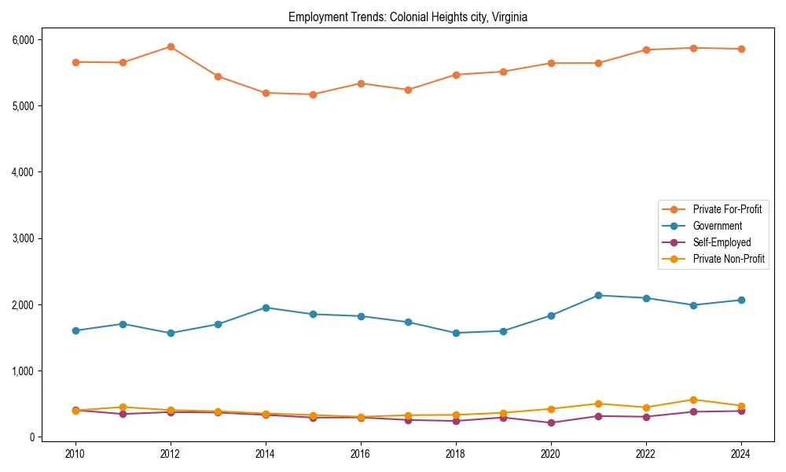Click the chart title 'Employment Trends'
coord(407,17)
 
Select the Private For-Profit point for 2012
coord(171,47)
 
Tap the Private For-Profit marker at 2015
coord(313,94)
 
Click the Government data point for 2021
coord(598,296)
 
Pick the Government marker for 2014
coord(266,308)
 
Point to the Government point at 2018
coord(456,333)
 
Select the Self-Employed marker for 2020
coord(551,422)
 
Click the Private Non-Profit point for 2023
coord(693,400)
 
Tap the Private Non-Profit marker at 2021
coord(598,404)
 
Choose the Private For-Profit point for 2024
coord(741,49)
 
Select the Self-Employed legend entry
coord(722,242)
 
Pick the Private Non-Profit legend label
coord(729,259)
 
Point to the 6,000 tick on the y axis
coord(21,39)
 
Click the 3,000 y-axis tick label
coord(21,238)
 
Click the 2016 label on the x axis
coord(361,454)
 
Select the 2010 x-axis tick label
coord(75,454)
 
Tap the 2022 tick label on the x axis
coord(646,454)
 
